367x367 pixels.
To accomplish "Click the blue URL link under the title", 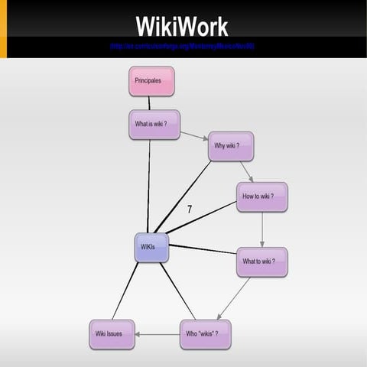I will [x=182, y=47].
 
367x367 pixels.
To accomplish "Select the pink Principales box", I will [x=151, y=81].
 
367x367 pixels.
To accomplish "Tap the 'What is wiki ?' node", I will [x=154, y=125].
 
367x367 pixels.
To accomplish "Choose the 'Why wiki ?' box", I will [x=230, y=146].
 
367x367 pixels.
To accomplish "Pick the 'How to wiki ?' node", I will [x=261, y=196].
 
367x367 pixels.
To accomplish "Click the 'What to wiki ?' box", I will [x=261, y=262].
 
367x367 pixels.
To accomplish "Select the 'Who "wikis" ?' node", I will [x=204, y=334].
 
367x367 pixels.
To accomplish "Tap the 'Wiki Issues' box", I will [x=112, y=334].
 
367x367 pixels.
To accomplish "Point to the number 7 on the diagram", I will [x=189, y=209].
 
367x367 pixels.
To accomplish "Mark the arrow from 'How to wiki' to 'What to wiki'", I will [x=262, y=229].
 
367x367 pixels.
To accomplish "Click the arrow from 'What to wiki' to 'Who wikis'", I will [x=235, y=299].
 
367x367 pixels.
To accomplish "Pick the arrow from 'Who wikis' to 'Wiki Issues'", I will [x=158, y=334].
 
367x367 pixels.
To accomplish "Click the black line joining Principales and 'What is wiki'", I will [x=150, y=103].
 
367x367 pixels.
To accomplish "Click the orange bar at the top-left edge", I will [x=3, y=29].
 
